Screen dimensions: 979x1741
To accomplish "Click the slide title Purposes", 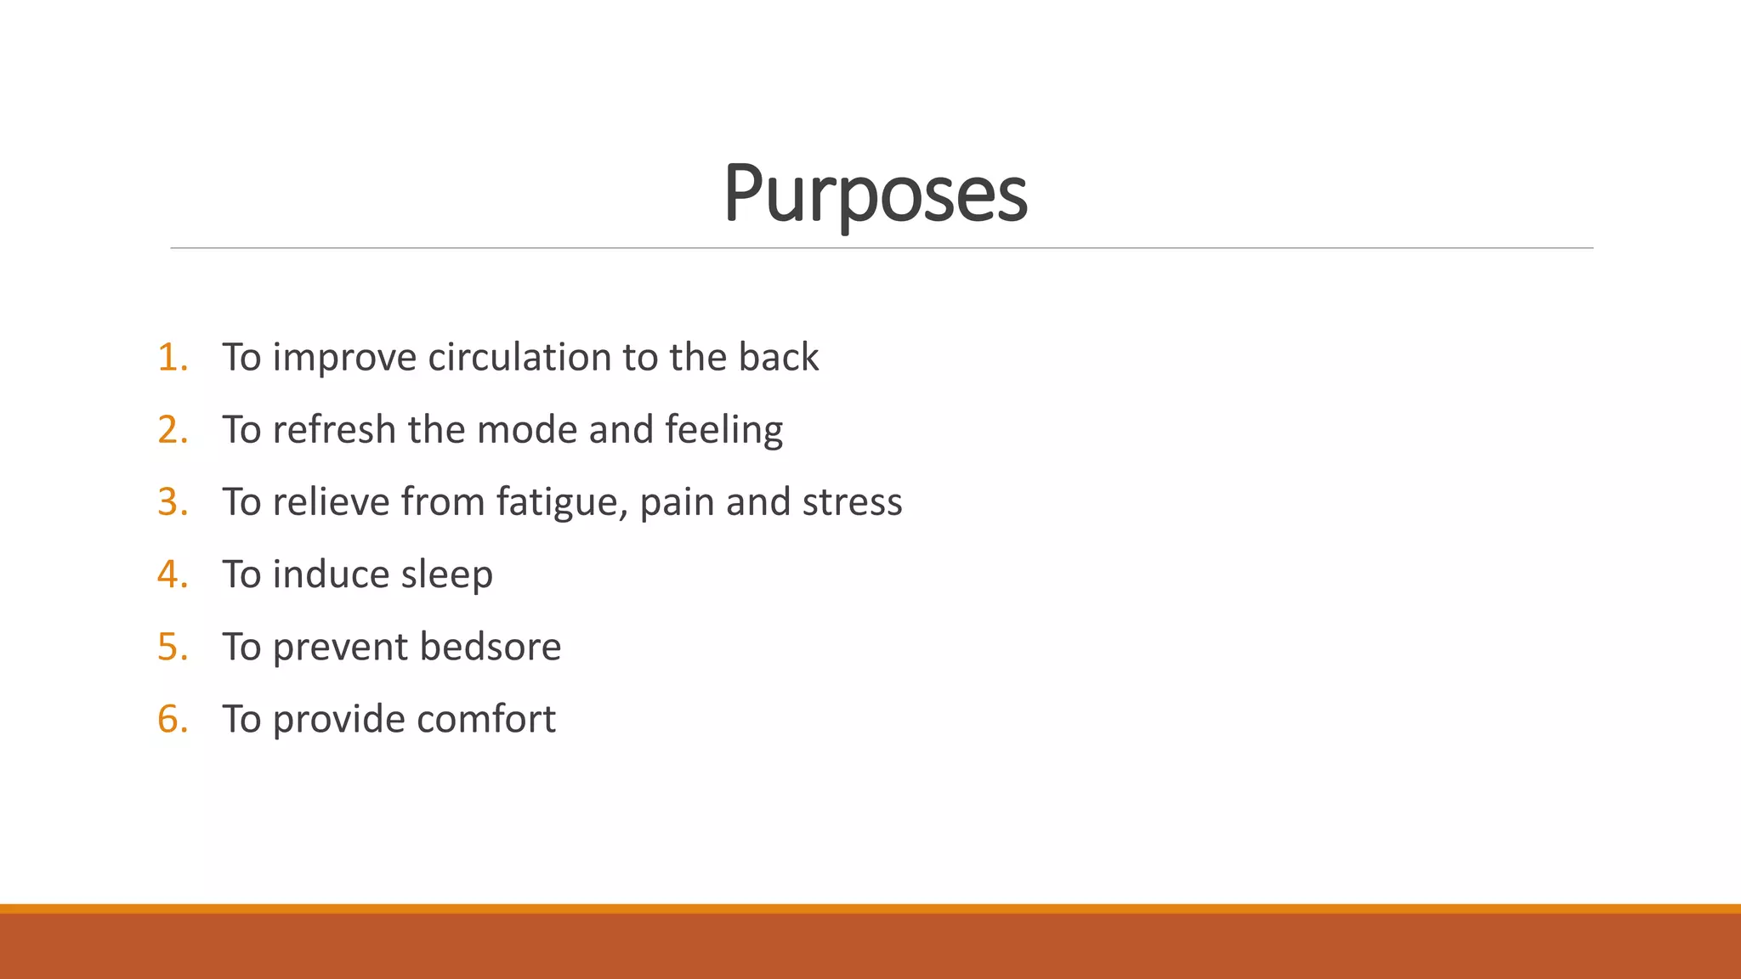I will [875, 194].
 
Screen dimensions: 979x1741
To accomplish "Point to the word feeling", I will [723, 430].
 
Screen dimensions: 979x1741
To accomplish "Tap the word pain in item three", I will [677, 502].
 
